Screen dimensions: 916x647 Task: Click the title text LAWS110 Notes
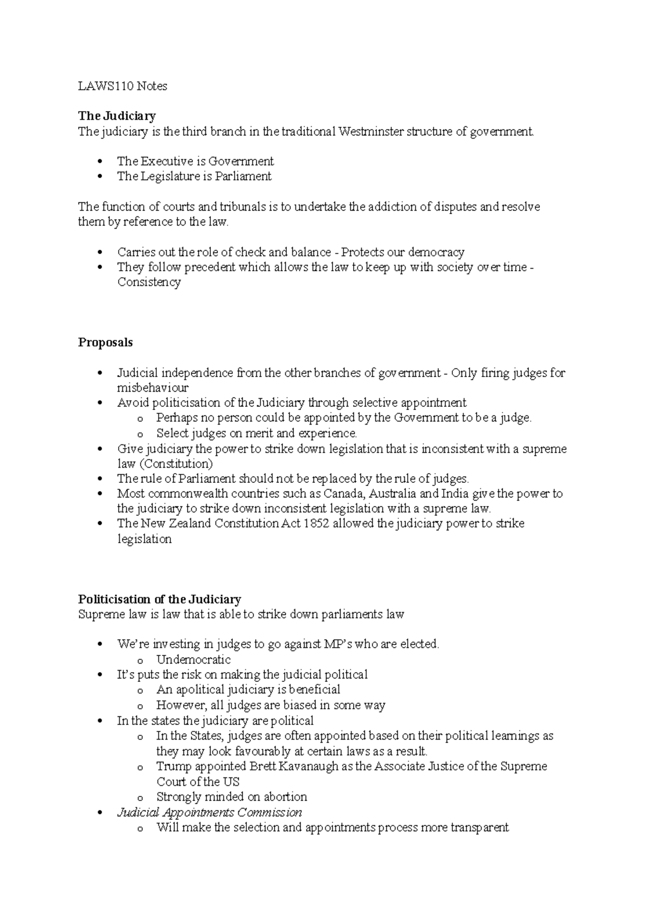pyautogui.click(x=122, y=86)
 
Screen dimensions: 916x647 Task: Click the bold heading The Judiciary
pyautogui.click(x=116, y=116)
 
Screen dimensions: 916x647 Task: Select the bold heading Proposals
pyautogui.click(x=105, y=343)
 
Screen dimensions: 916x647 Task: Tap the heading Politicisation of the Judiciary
pyautogui.click(x=159, y=599)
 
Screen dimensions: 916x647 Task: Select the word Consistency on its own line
pyautogui.click(x=149, y=282)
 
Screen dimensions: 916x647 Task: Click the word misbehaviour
pyautogui.click(x=153, y=388)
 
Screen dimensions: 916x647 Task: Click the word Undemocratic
pyautogui.click(x=193, y=660)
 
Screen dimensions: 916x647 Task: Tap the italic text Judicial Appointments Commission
pyautogui.click(x=209, y=812)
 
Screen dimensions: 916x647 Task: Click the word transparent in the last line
pyautogui.click(x=479, y=828)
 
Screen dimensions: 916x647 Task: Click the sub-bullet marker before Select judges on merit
pyautogui.click(x=141, y=434)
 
